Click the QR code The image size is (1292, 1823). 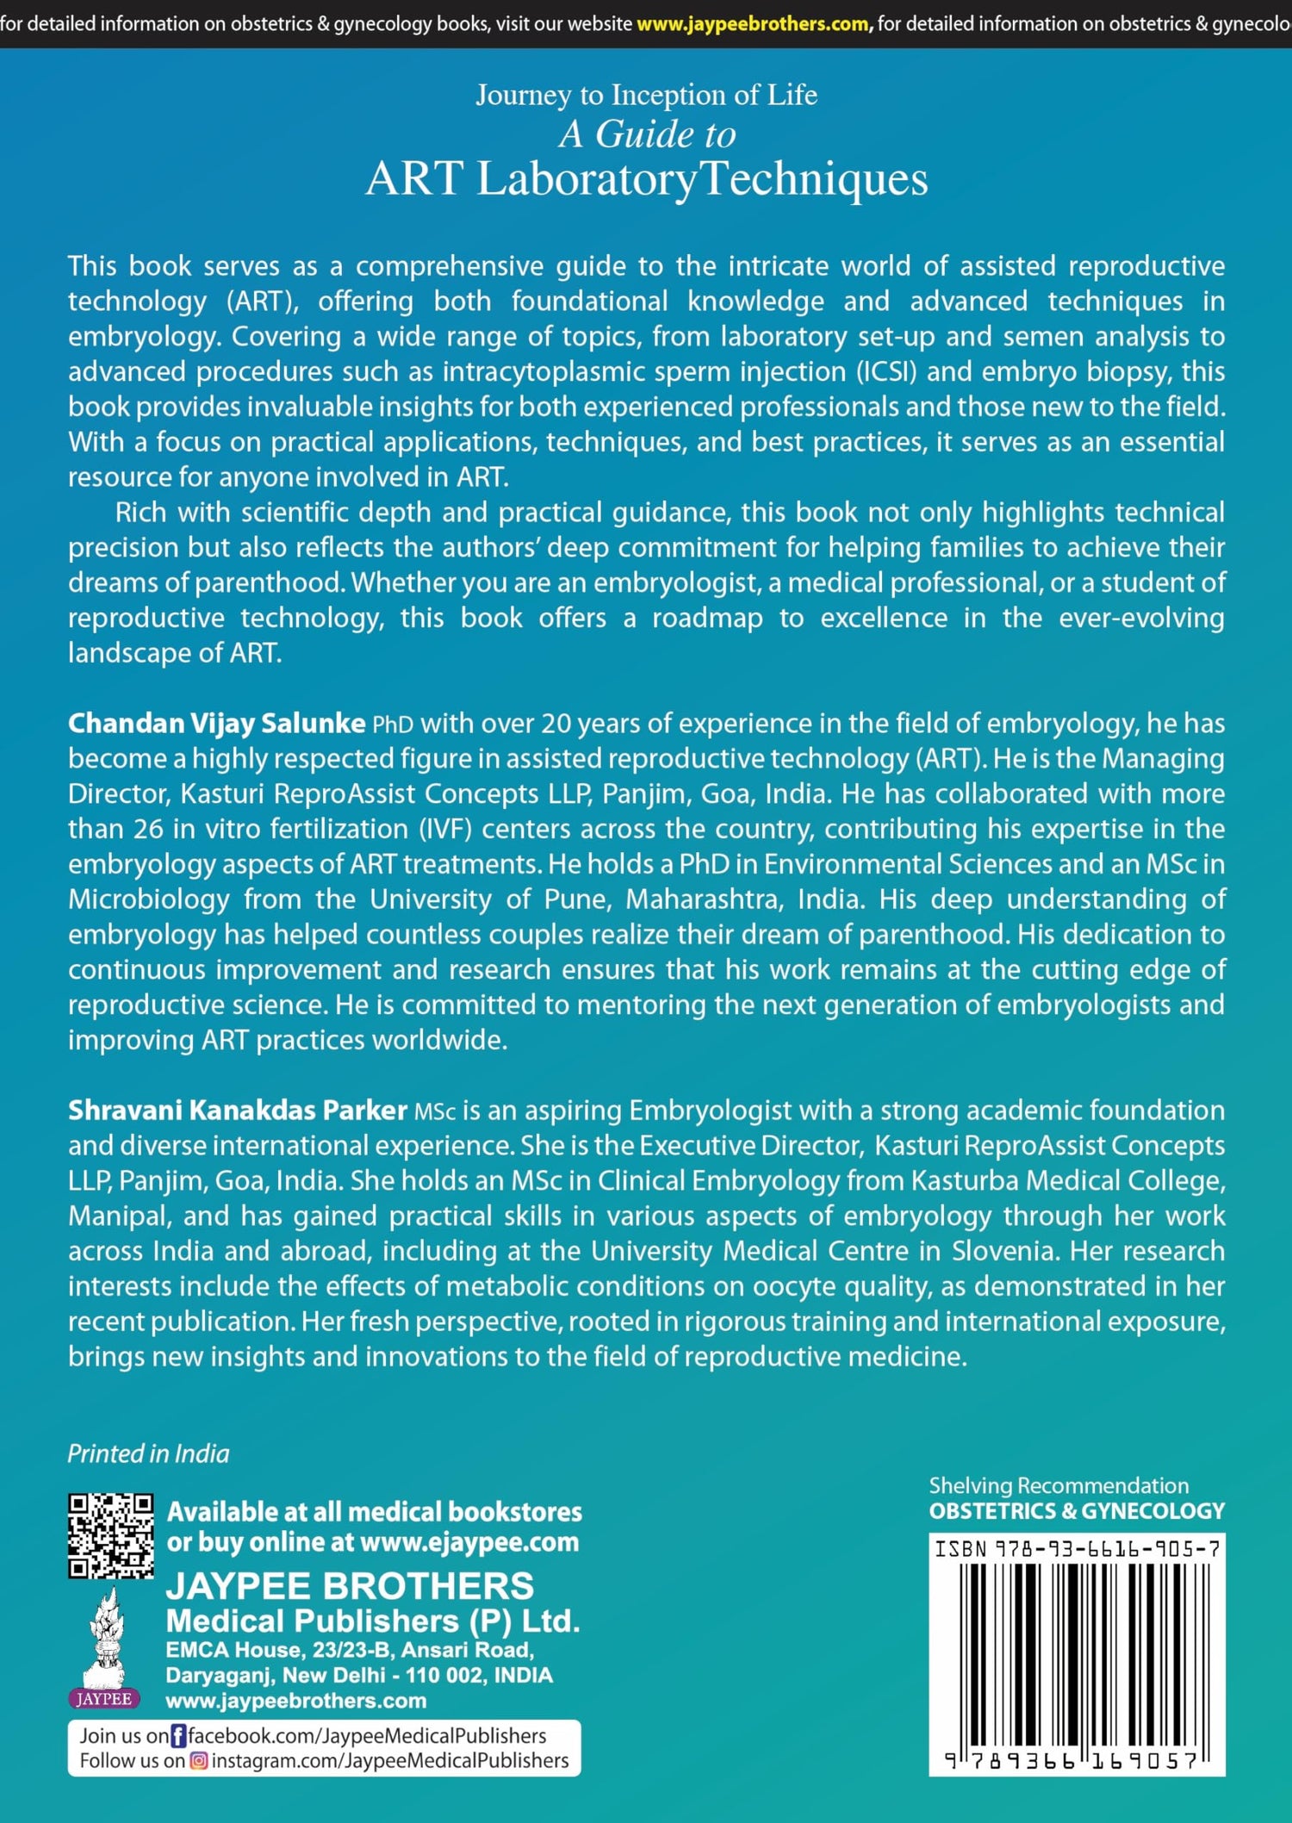pyautogui.click(x=111, y=1536)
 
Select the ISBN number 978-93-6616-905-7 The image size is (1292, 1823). pyautogui.click(x=1077, y=1549)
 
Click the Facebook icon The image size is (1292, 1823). pyautogui.click(x=178, y=1735)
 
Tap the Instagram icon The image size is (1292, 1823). pyautogui.click(x=199, y=1761)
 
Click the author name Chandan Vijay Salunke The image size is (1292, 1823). pyautogui.click(x=216, y=724)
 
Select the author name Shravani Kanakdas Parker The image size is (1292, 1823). pyautogui.click(x=237, y=1111)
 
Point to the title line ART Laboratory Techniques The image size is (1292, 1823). pyautogui.click(x=646, y=179)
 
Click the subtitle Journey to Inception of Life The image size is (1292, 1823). pyautogui.click(x=646, y=95)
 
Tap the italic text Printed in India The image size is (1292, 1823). pyautogui.click(x=148, y=1454)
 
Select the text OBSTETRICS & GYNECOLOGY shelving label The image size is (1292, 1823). pyautogui.click(x=1077, y=1511)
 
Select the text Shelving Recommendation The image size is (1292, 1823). pyautogui.click(x=1059, y=1486)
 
